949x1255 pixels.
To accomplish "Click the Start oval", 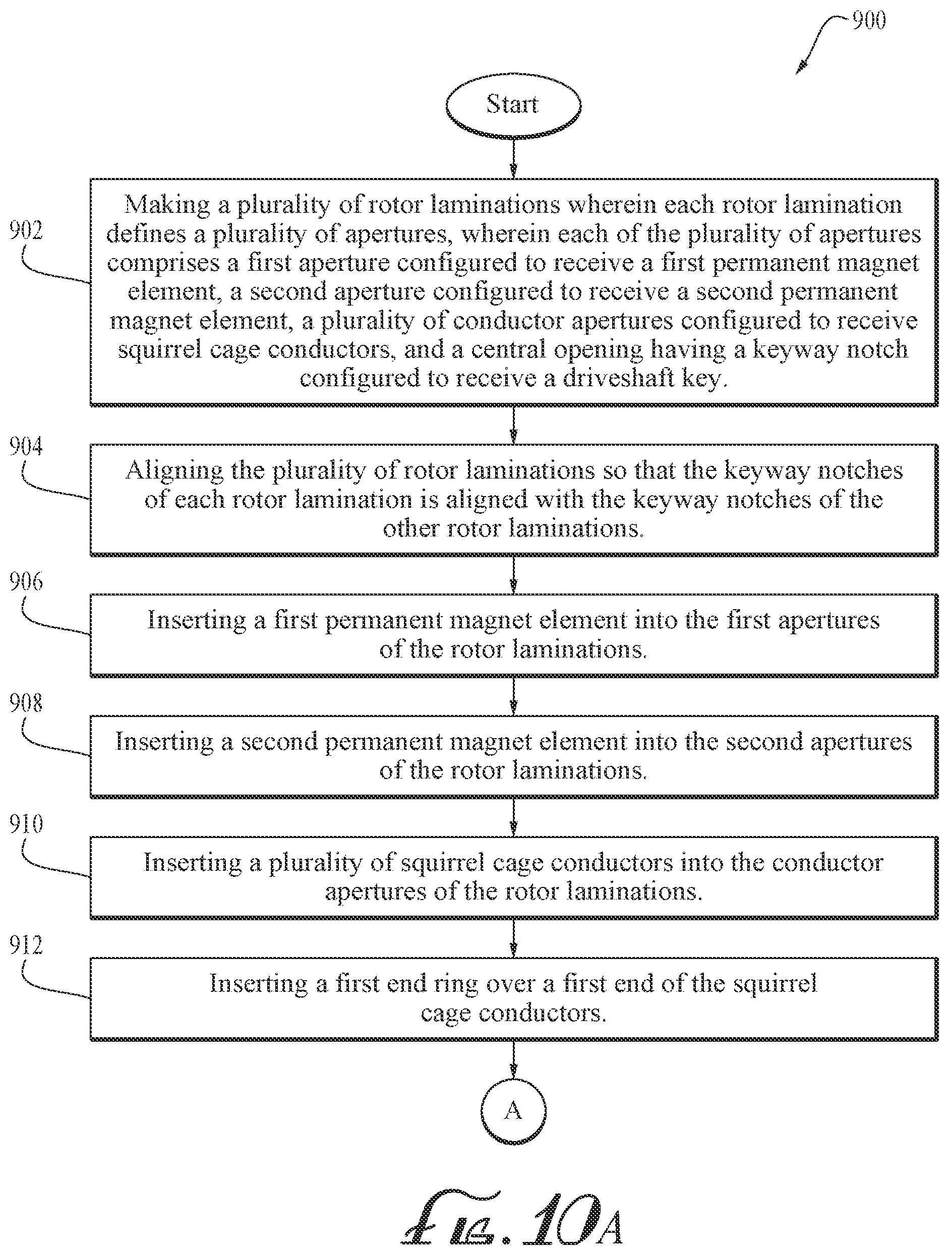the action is coord(513,105).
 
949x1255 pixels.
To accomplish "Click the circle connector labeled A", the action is coord(513,1110).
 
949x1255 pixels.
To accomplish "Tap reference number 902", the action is coord(26,230).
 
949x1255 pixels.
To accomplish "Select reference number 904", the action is coord(26,447).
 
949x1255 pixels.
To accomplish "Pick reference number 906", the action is coord(26,581).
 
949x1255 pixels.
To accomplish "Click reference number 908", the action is coord(26,703).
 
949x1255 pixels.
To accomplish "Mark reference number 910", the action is coord(26,824).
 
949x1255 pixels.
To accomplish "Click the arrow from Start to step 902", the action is coord(513,158).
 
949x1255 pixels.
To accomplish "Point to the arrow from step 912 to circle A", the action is coord(513,1059).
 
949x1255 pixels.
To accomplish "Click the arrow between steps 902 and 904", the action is coord(513,425).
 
